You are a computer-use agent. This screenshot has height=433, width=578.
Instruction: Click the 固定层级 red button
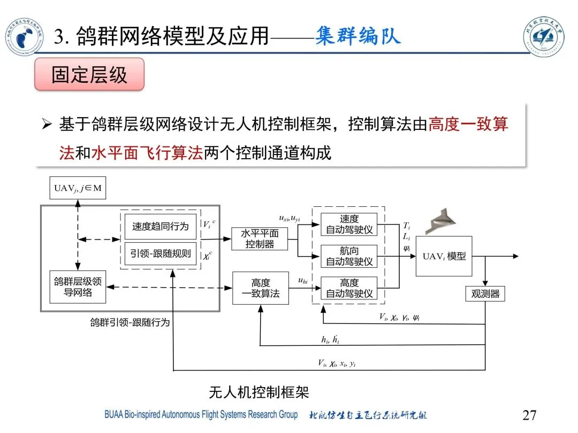(x=89, y=74)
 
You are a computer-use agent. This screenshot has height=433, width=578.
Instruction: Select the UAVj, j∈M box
(x=78, y=188)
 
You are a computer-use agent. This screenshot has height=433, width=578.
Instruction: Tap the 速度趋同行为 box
(x=160, y=226)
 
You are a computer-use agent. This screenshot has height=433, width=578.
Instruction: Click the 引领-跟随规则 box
(x=160, y=253)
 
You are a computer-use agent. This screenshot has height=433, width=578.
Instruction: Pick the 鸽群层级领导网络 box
(x=78, y=287)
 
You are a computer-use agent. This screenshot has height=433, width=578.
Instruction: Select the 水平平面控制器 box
(x=260, y=238)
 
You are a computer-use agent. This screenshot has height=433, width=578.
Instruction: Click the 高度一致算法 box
(x=260, y=288)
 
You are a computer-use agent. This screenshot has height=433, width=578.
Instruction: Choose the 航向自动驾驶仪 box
(x=349, y=256)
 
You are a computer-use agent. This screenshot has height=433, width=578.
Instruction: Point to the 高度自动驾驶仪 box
(x=349, y=288)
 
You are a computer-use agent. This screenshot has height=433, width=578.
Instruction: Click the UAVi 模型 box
(x=444, y=256)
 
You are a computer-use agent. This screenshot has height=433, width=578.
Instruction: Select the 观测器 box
(x=485, y=293)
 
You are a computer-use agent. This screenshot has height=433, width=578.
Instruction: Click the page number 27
(x=529, y=415)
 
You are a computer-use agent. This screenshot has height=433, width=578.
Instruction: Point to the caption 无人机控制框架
(x=259, y=393)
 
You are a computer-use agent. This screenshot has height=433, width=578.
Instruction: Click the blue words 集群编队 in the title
(x=358, y=37)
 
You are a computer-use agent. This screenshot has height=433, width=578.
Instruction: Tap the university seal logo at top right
(x=546, y=37)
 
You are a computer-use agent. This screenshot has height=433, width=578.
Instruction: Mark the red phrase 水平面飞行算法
(x=147, y=153)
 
